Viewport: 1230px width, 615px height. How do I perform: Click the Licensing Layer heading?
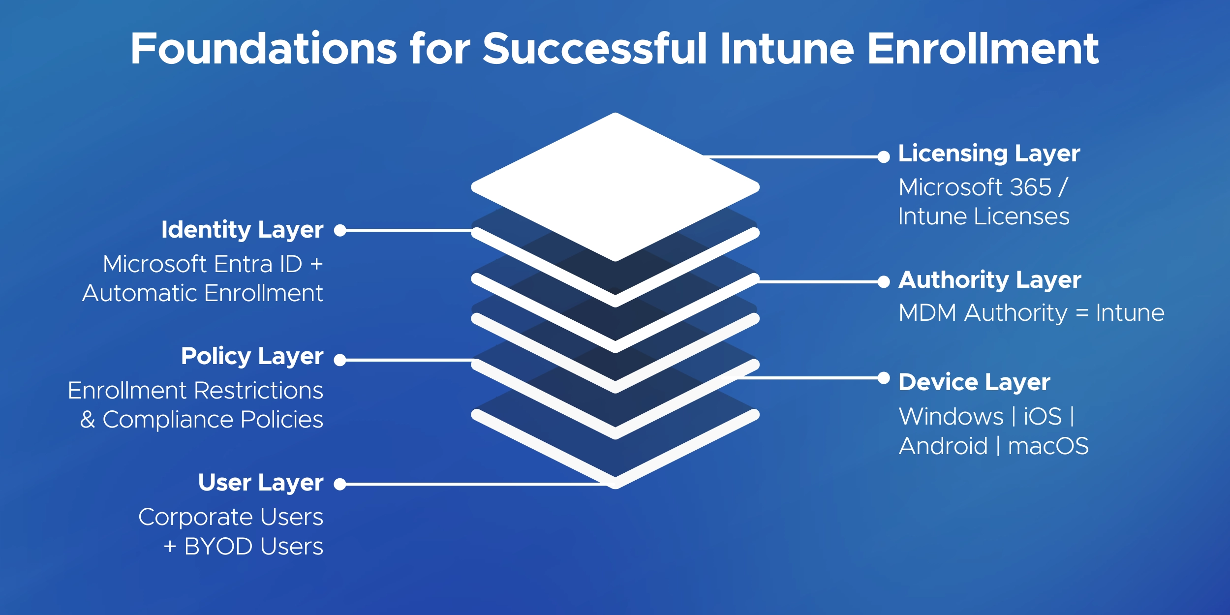tap(988, 154)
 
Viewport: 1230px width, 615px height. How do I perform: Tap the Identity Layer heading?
tap(242, 230)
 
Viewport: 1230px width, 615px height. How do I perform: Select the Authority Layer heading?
tap(989, 279)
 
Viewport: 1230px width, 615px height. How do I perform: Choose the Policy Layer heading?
tap(252, 356)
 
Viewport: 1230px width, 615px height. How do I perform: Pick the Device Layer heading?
tap(974, 382)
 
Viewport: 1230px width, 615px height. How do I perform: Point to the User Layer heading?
tap(261, 483)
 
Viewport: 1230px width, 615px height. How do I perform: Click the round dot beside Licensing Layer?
tap(884, 157)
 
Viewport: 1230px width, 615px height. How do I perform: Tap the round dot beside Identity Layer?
tap(340, 230)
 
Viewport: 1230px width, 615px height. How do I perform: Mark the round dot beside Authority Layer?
tap(884, 282)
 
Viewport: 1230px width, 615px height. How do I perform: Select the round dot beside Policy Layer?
tap(340, 360)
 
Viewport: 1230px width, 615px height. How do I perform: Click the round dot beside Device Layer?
tap(884, 378)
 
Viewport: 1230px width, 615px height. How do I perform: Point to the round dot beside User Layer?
tap(340, 484)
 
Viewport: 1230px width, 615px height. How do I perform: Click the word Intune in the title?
tap(787, 49)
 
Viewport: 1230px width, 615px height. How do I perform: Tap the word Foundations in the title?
tap(263, 49)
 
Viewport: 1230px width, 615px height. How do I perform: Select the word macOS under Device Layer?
tap(1048, 446)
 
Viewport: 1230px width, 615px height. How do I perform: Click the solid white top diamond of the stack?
tap(615, 187)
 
